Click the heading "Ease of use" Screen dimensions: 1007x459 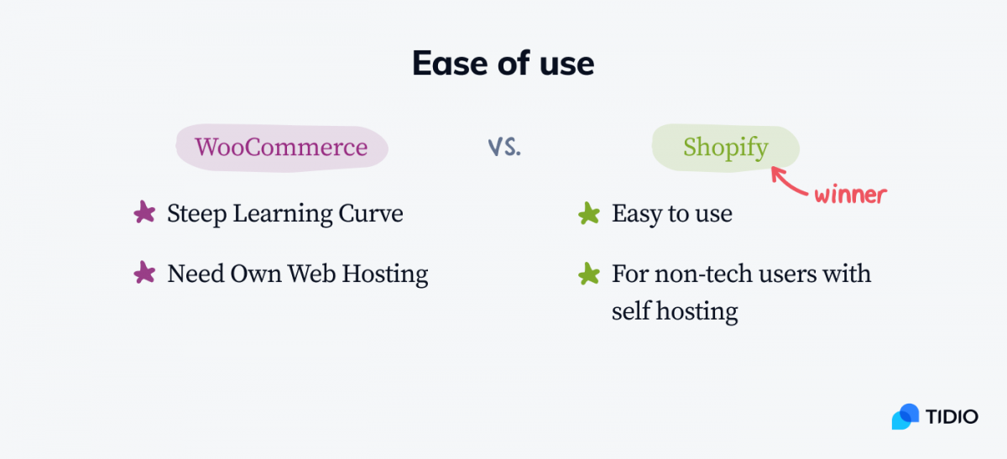pyautogui.click(x=503, y=64)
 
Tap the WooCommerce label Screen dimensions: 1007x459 pyautogui.click(x=281, y=148)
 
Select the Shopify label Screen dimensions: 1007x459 pyautogui.click(x=726, y=148)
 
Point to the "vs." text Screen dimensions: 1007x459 pyautogui.click(x=504, y=147)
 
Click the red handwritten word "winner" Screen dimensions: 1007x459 pyautogui.click(x=851, y=195)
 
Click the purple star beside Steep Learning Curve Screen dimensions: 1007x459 pyautogui.click(x=144, y=211)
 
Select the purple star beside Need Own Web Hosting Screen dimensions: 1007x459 pyautogui.click(x=144, y=273)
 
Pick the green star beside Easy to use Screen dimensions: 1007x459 pyautogui.click(x=589, y=213)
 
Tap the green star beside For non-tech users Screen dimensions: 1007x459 pyautogui.click(x=589, y=274)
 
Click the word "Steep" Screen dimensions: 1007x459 pyautogui.click(x=197, y=214)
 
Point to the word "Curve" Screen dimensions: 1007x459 pyautogui.click(x=370, y=213)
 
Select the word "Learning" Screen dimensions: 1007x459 pyautogui.click(x=282, y=214)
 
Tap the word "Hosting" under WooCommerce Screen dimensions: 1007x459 pyautogui.click(x=385, y=274)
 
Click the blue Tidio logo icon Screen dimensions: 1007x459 pyautogui.click(x=905, y=417)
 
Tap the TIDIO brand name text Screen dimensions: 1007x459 pyautogui.click(x=952, y=417)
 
